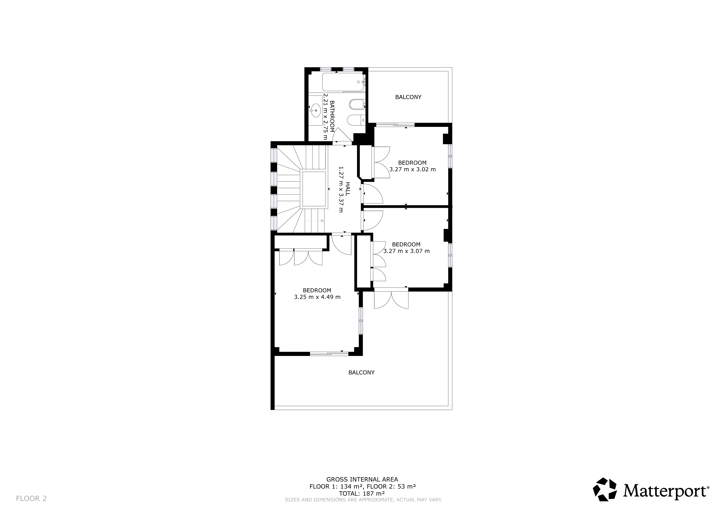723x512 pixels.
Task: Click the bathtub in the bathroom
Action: tap(343, 82)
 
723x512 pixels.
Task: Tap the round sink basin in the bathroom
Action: tap(315, 111)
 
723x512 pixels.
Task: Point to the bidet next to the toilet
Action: tap(357, 104)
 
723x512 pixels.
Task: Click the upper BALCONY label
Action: tap(408, 97)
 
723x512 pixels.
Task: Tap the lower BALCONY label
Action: tap(361, 372)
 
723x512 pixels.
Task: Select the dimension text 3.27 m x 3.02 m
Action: tap(412, 169)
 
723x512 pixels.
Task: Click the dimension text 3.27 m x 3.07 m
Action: tap(406, 251)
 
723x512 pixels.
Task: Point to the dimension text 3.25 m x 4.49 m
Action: tap(317, 297)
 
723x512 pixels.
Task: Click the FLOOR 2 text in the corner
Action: tap(31, 498)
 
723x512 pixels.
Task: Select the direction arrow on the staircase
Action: tap(322, 221)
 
